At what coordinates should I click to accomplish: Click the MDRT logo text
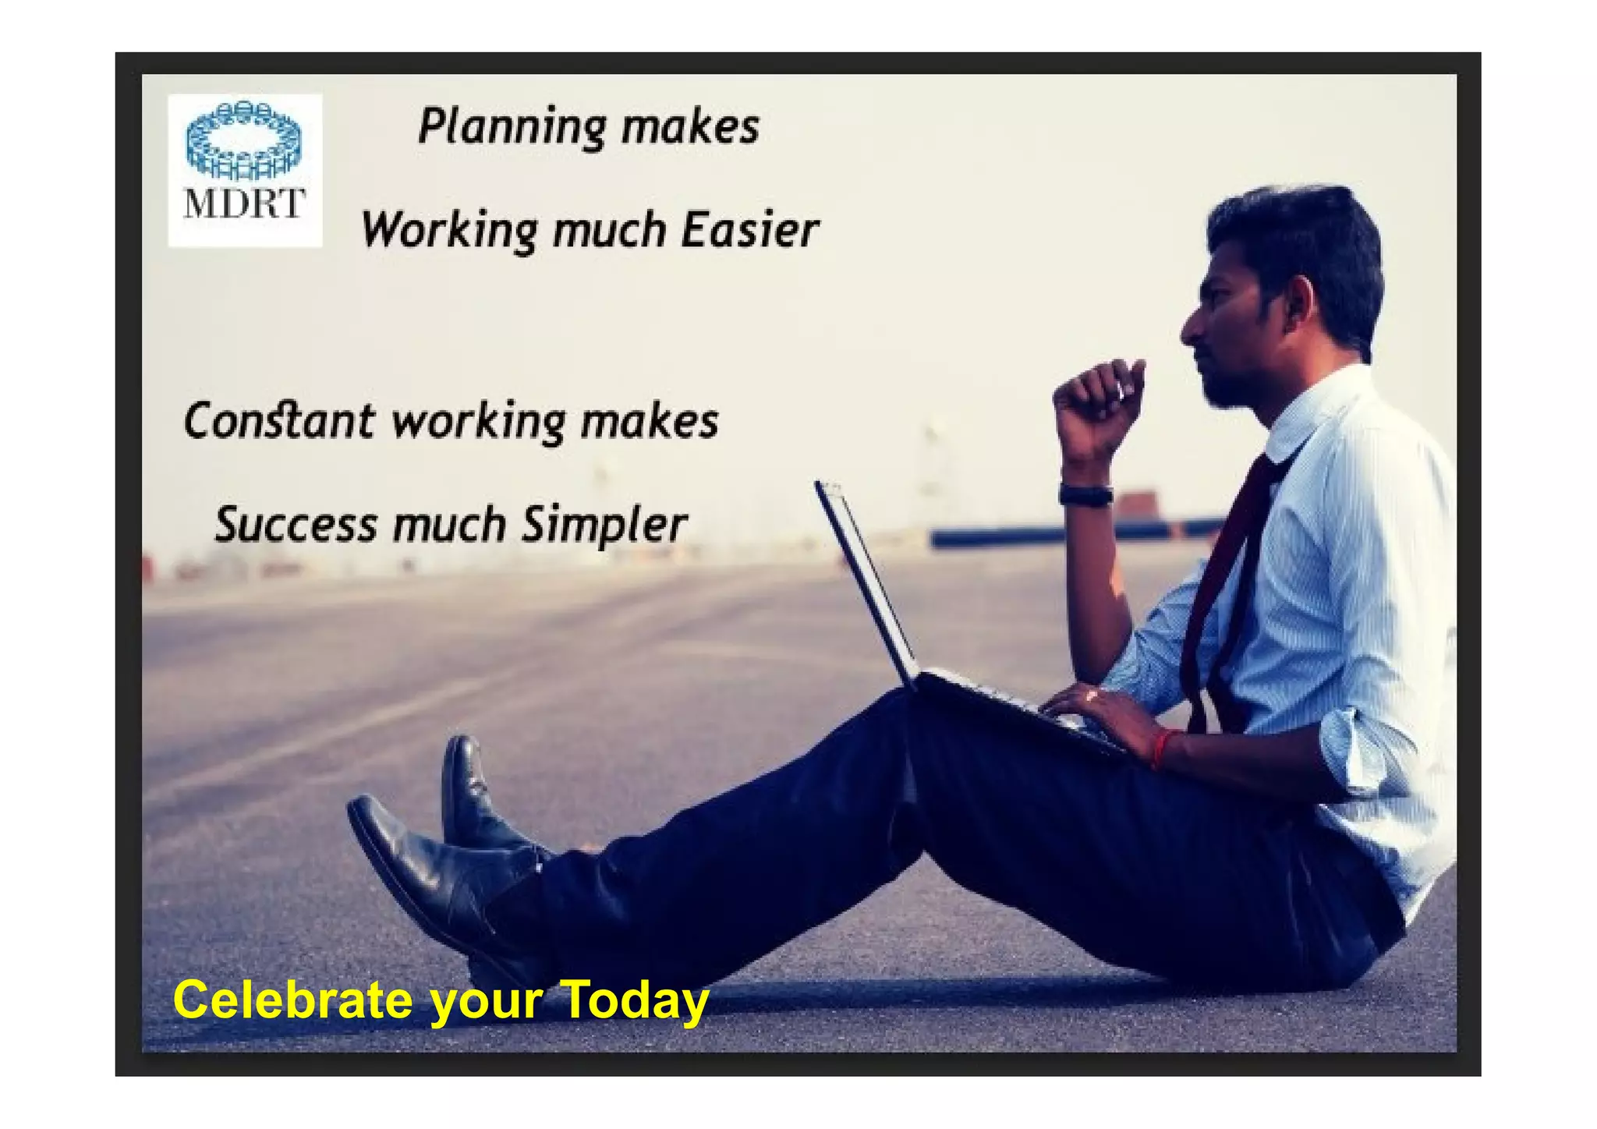point(243,204)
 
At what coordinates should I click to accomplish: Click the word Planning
point(512,126)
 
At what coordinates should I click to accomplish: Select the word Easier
point(749,231)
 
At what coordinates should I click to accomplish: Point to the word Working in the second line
point(449,231)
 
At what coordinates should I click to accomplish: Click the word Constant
point(278,421)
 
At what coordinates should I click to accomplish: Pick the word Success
point(296,525)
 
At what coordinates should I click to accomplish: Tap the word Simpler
point(604,525)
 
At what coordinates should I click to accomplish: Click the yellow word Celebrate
point(292,1000)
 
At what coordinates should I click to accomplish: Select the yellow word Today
point(633,1000)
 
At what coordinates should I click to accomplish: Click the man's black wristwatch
point(1085,494)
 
